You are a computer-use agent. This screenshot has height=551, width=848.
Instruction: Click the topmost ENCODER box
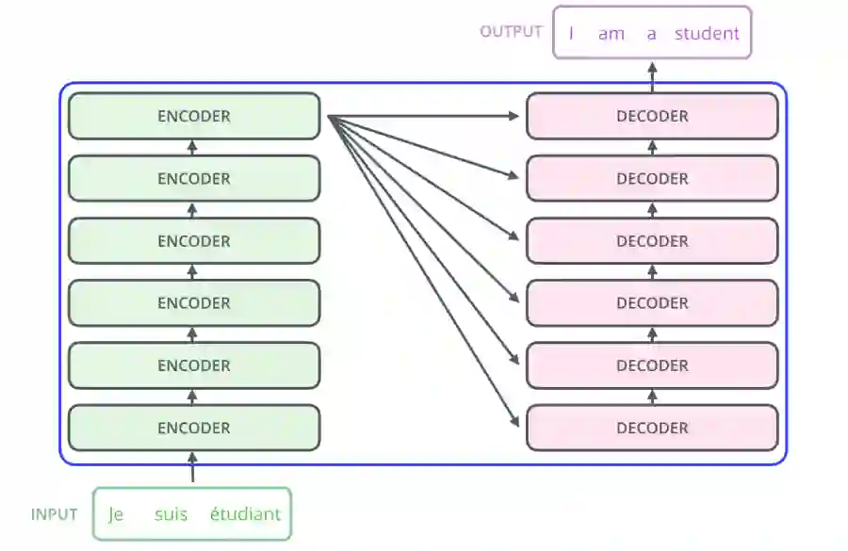194,117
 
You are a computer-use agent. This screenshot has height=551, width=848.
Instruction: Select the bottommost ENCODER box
194,428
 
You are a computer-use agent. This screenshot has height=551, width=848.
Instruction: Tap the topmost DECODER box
652,117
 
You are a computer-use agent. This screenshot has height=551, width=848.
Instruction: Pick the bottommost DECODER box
652,428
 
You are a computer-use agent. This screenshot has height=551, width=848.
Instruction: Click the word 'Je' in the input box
117,514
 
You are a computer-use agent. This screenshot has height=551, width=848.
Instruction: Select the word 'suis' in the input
171,514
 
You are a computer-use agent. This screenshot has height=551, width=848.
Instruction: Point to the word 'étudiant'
245,514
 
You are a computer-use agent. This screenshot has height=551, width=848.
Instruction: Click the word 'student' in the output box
707,34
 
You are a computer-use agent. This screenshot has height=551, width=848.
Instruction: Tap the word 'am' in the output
612,34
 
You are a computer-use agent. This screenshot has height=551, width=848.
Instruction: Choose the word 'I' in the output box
571,34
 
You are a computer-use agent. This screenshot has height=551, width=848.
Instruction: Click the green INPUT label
55,514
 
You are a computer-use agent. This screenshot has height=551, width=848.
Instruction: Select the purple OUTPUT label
512,31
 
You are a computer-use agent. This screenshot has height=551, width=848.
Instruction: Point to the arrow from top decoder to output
652,73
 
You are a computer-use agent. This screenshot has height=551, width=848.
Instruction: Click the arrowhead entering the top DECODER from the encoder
514,116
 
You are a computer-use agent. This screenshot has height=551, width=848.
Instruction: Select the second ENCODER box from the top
194,179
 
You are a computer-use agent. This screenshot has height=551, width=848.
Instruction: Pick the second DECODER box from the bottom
652,365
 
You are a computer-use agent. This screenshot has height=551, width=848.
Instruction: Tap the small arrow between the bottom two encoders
193,397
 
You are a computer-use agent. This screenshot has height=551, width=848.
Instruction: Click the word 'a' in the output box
651,34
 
